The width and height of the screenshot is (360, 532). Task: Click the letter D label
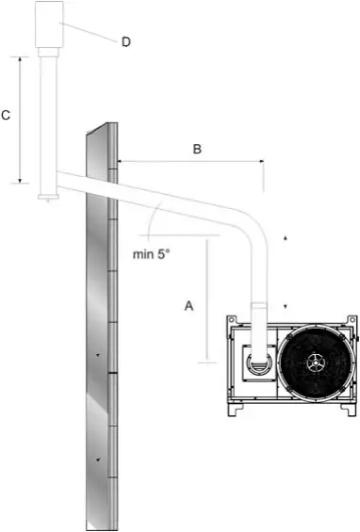coord(126,42)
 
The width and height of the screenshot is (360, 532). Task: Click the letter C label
coord(6,116)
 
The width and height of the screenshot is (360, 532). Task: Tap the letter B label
coord(197,149)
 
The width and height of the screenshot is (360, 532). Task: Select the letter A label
coord(188,306)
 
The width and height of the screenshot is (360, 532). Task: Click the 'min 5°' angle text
coord(151,254)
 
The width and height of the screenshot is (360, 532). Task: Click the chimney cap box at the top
coord(49,24)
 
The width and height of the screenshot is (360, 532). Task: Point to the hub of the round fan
coord(316,363)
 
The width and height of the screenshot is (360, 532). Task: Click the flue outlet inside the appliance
coord(259,363)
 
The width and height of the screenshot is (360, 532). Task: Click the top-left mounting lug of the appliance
coord(231,319)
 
